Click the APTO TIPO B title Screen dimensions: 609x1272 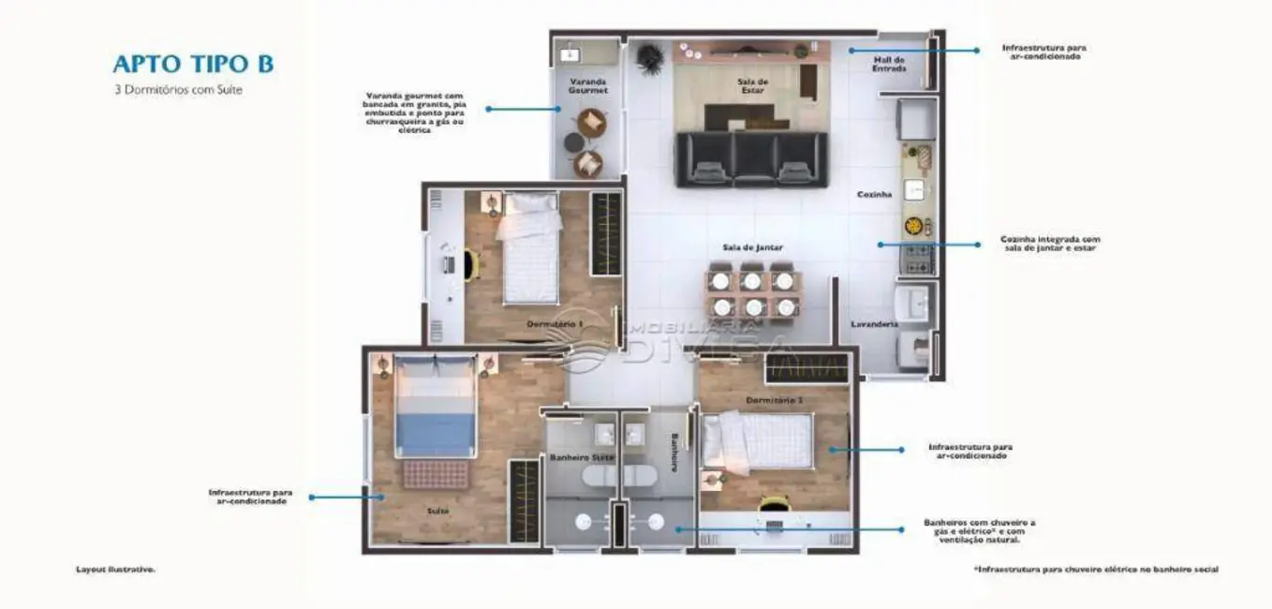coord(193,64)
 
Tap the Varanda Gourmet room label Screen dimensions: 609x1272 coord(589,86)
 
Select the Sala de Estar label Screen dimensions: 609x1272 coord(751,86)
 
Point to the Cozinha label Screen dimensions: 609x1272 coord(874,195)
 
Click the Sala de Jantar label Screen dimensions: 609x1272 coord(752,247)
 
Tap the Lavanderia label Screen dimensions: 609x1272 coord(874,324)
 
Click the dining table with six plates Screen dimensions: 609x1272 coord(752,293)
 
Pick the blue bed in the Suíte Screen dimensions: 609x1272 coord(436,408)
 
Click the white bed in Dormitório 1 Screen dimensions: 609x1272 coord(531,248)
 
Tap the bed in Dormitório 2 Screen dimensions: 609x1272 coord(759,441)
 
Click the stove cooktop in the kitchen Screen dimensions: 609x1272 coord(918,257)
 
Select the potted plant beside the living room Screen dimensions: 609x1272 coord(648,59)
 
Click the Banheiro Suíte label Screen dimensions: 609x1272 coord(581,457)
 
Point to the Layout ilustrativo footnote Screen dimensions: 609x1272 coord(115,569)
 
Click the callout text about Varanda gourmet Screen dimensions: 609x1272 coord(414,112)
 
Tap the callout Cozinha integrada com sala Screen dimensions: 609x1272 coord(1050,244)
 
